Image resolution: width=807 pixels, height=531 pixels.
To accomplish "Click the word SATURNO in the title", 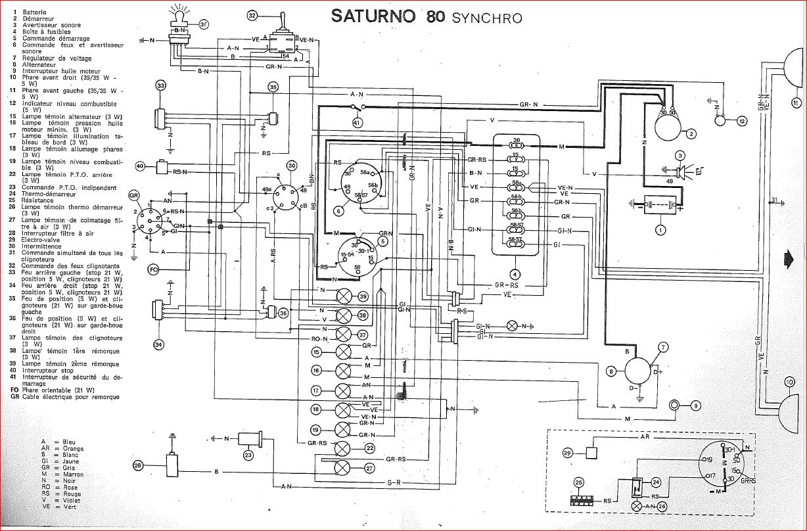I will tap(373, 16).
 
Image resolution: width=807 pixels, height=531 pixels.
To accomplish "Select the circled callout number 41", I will tap(357, 122).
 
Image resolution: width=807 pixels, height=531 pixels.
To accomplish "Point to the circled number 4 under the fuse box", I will tap(516, 273).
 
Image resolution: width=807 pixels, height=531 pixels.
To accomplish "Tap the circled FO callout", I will tap(153, 269).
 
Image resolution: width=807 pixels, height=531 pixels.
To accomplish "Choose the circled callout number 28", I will tap(137, 465).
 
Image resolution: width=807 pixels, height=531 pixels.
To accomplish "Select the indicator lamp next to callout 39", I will tap(344, 296).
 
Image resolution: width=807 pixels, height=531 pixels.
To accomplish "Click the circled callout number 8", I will tap(611, 372).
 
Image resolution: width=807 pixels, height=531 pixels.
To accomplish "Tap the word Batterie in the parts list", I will tap(34, 12).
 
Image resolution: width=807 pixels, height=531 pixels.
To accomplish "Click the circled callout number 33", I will tap(160, 86).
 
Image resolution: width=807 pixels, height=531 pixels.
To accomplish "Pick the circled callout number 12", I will tap(743, 121).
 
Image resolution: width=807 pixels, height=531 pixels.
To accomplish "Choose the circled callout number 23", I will tap(248, 455).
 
